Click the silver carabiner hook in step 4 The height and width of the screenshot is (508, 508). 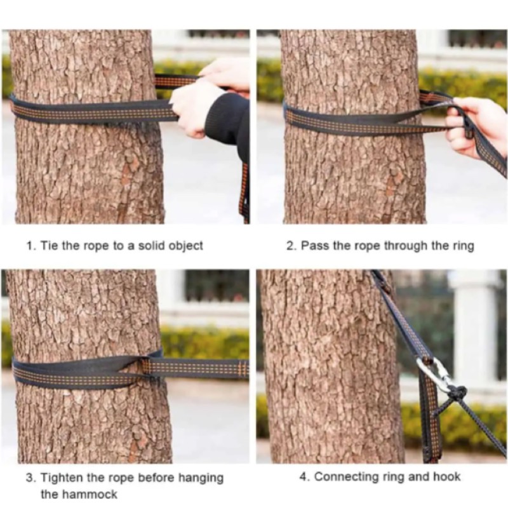(x=434, y=373)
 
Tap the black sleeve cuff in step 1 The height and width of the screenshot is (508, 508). (x=227, y=120)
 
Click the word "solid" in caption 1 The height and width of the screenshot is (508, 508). (x=152, y=246)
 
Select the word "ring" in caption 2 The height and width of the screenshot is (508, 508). (x=464, y=246)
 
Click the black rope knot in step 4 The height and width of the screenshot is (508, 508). (x=457, y=394)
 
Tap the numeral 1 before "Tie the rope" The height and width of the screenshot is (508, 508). (x=30, y=246)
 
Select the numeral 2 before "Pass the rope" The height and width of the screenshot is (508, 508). (x=291, y=246)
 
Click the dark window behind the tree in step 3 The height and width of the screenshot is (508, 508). (x=217, y=285)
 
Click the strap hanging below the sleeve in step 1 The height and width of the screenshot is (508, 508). (x=245, y=191)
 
